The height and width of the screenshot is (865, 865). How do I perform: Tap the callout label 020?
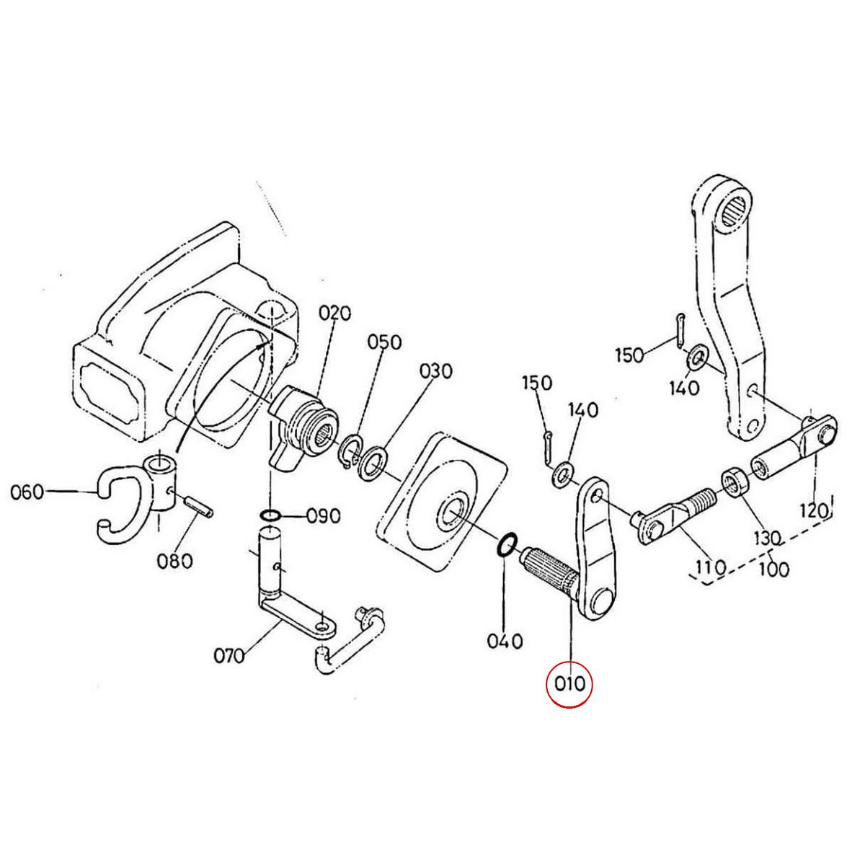click(334, 313)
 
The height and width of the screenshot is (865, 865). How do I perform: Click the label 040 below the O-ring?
click(504, 640)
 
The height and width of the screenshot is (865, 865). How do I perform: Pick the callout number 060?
click(28, 493)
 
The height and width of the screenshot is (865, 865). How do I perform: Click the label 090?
click(323, 516)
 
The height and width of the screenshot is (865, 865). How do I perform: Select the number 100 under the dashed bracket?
click(773, 569)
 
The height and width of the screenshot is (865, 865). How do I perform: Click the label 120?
click(815, 510)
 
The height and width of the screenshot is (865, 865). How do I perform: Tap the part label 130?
click(767, 538)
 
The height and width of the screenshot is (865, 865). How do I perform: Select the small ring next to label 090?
click(270, 515)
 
